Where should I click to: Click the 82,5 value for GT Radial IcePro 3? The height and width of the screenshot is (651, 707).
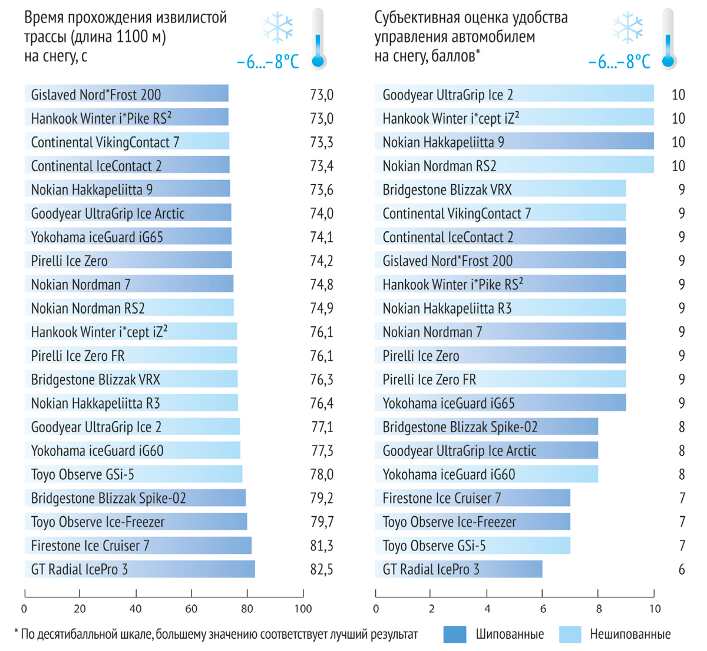coord(321,570)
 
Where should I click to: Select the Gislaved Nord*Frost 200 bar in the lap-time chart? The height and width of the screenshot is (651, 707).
coord(127,94)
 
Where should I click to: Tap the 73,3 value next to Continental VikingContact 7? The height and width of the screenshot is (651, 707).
coord(321,142)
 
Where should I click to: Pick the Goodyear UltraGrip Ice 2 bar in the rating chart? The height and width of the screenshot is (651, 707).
coord(514,94)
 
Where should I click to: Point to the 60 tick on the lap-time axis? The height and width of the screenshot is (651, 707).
coord(191,609)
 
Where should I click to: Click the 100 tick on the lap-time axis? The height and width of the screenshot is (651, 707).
coord(303,609)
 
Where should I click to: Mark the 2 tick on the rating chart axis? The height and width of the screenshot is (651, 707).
coord(432,609)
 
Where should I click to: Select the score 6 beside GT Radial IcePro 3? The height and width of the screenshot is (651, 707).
coord(682,570)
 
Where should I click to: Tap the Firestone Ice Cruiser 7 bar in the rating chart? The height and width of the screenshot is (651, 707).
coord(473,499)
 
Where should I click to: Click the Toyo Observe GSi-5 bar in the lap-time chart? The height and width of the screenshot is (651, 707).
coord(134,474)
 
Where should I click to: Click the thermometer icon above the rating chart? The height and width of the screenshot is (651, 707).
coord(668,38)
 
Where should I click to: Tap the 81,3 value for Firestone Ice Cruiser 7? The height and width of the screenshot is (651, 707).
coord(321,546)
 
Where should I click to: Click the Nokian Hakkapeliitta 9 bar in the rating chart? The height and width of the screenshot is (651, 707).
coord(514,142)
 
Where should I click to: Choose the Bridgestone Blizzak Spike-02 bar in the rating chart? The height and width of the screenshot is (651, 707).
coord(487,427)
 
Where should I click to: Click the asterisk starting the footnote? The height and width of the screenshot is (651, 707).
coord(16,633)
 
